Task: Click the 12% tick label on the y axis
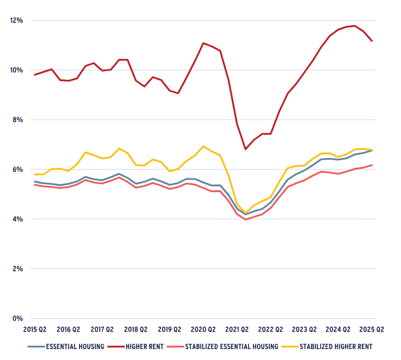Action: [16, 20]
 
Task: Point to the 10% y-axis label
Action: [16, 70]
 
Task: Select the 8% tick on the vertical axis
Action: [17, 120]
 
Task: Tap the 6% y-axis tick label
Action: [17, 169]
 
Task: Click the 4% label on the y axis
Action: [17, 219]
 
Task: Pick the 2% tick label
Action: [17, 269]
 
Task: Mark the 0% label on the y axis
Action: [17, 318]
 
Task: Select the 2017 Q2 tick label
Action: [102, 329]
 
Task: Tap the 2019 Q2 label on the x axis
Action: [169, 329]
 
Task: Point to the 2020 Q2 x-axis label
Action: [203, 329]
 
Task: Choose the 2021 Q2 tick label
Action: [237, 329]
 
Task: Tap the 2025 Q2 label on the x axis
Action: [372, 329]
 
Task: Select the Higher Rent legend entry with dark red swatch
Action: [142, 346]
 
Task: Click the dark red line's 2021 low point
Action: [245, 149]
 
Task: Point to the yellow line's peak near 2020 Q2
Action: [203, 146]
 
